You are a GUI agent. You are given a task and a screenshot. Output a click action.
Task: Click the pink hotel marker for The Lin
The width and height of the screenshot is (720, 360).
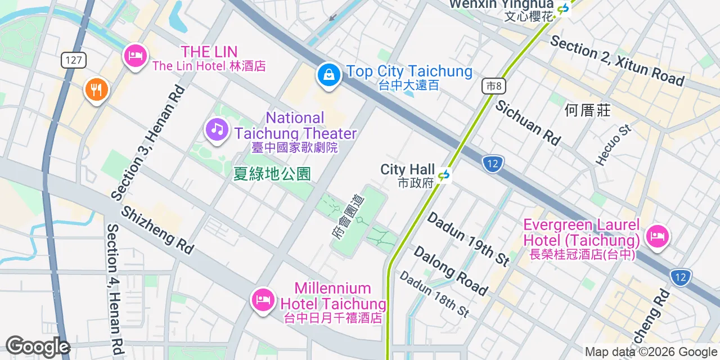[x=135, y=56]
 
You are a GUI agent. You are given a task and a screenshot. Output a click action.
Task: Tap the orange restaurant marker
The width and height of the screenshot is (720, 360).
[x=96, y=89]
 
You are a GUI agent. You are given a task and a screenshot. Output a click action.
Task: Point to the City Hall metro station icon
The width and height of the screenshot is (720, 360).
[x=444, y=176]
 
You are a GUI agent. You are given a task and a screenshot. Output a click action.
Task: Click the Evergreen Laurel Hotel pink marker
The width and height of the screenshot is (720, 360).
[x=656, y=236]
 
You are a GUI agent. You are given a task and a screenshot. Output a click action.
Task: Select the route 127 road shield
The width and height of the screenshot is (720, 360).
[x=74, y=60]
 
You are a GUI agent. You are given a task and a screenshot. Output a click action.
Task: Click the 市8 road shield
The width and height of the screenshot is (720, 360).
[x=494, y=86]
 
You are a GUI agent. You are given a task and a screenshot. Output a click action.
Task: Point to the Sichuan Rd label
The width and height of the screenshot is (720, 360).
[x=528, y=123]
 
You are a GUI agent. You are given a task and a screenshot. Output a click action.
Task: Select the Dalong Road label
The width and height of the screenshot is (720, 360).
[x=450, y=270]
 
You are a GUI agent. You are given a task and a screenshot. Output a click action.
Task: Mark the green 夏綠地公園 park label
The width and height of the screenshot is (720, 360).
[x=272, y=173]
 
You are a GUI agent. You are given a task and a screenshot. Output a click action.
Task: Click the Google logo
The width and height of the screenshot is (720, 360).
[x=38, y=346]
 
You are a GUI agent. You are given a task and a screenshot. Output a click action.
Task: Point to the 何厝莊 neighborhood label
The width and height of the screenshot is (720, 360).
[x=587, y=110]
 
